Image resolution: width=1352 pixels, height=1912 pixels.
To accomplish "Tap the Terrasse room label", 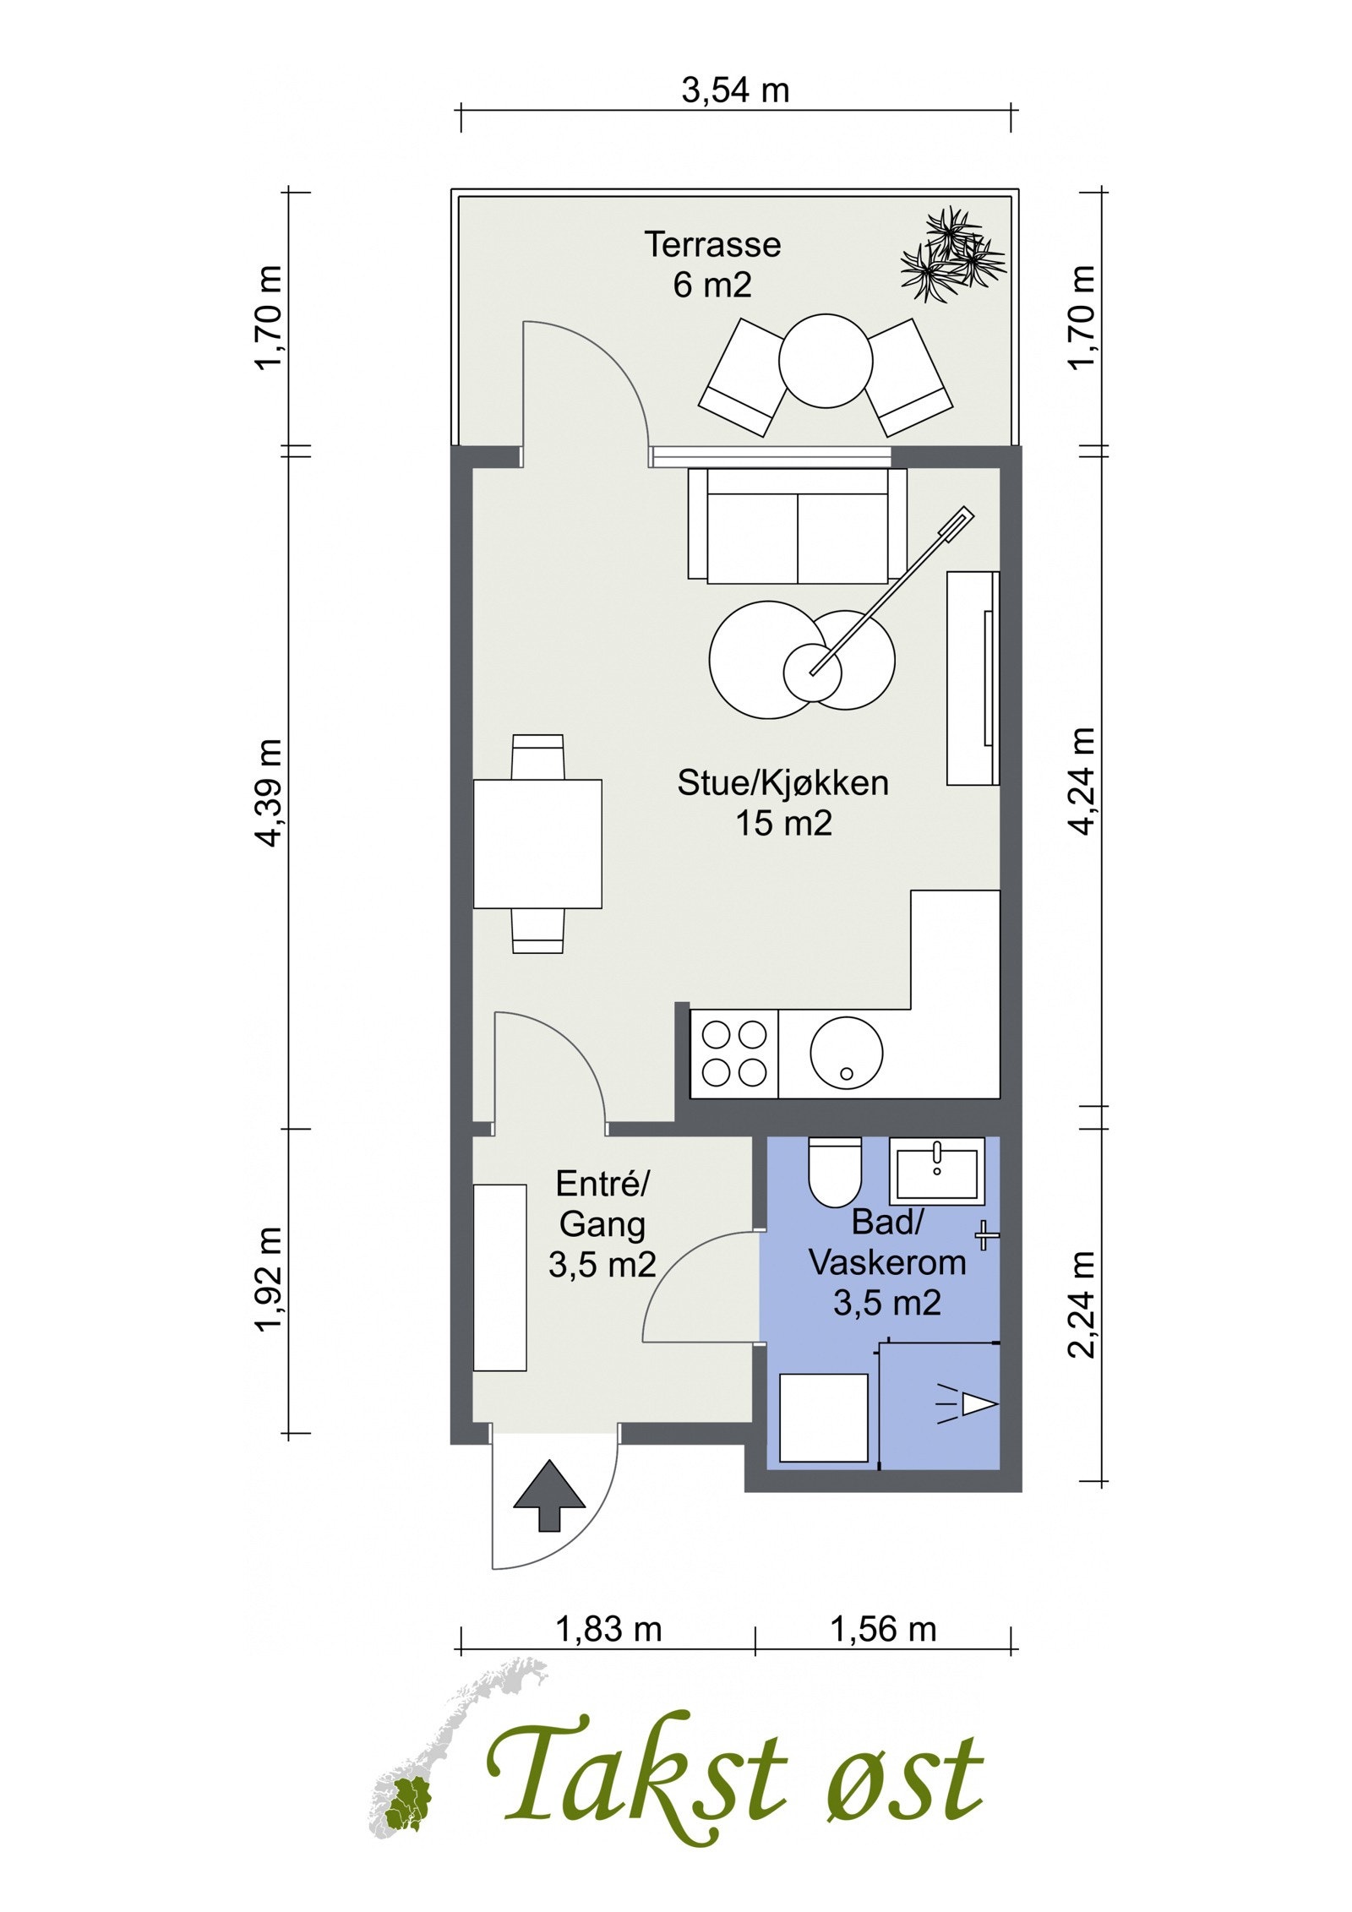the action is click(x=712, y=244).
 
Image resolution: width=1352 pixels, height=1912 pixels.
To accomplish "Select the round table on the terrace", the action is click(x=825, y=362).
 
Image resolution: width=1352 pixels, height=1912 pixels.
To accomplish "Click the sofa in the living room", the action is click(x=797, y=524).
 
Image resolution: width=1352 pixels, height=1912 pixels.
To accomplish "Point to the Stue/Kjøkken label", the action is click(x=782, y=782).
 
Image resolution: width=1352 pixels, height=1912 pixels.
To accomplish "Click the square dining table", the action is click(x=537, y=843).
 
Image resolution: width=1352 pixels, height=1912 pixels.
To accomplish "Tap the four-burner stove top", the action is click(x=734, y=1054).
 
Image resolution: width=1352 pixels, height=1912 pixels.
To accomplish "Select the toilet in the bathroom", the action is click(x=835, y=1171).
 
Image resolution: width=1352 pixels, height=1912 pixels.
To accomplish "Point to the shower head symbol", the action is click(x=967, y=1404).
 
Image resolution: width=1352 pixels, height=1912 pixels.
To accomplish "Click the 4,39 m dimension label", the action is click(x=272, y=791).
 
